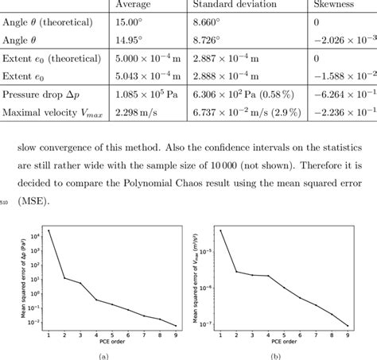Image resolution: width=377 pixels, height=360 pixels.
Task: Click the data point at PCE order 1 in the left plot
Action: pyautogui.click(x=49, y=230)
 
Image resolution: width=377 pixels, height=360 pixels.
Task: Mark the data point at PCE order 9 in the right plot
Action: pyautogui.click(x=348, y=325)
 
